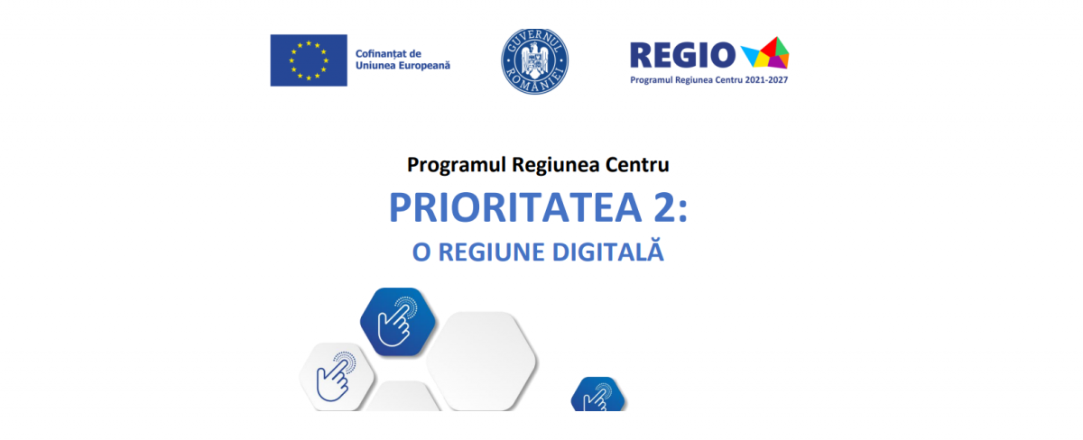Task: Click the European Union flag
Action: [x=309, y=60]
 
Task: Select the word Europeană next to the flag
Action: [x=424, y=66]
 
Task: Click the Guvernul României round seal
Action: [x=534, y=61]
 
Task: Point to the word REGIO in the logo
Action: [x=682, y=55]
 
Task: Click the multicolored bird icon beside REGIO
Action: [x=765, y=52]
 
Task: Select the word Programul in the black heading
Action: [x=457, y=166]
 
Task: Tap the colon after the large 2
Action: [x=682, y=212]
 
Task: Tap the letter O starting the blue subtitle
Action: [x=421, y=252]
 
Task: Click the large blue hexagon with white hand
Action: [x=398, y=322]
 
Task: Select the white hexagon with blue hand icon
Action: [x=337, y=377]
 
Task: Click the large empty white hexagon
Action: [x=482, y=362]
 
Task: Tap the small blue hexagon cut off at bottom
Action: [x=598, y=394]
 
